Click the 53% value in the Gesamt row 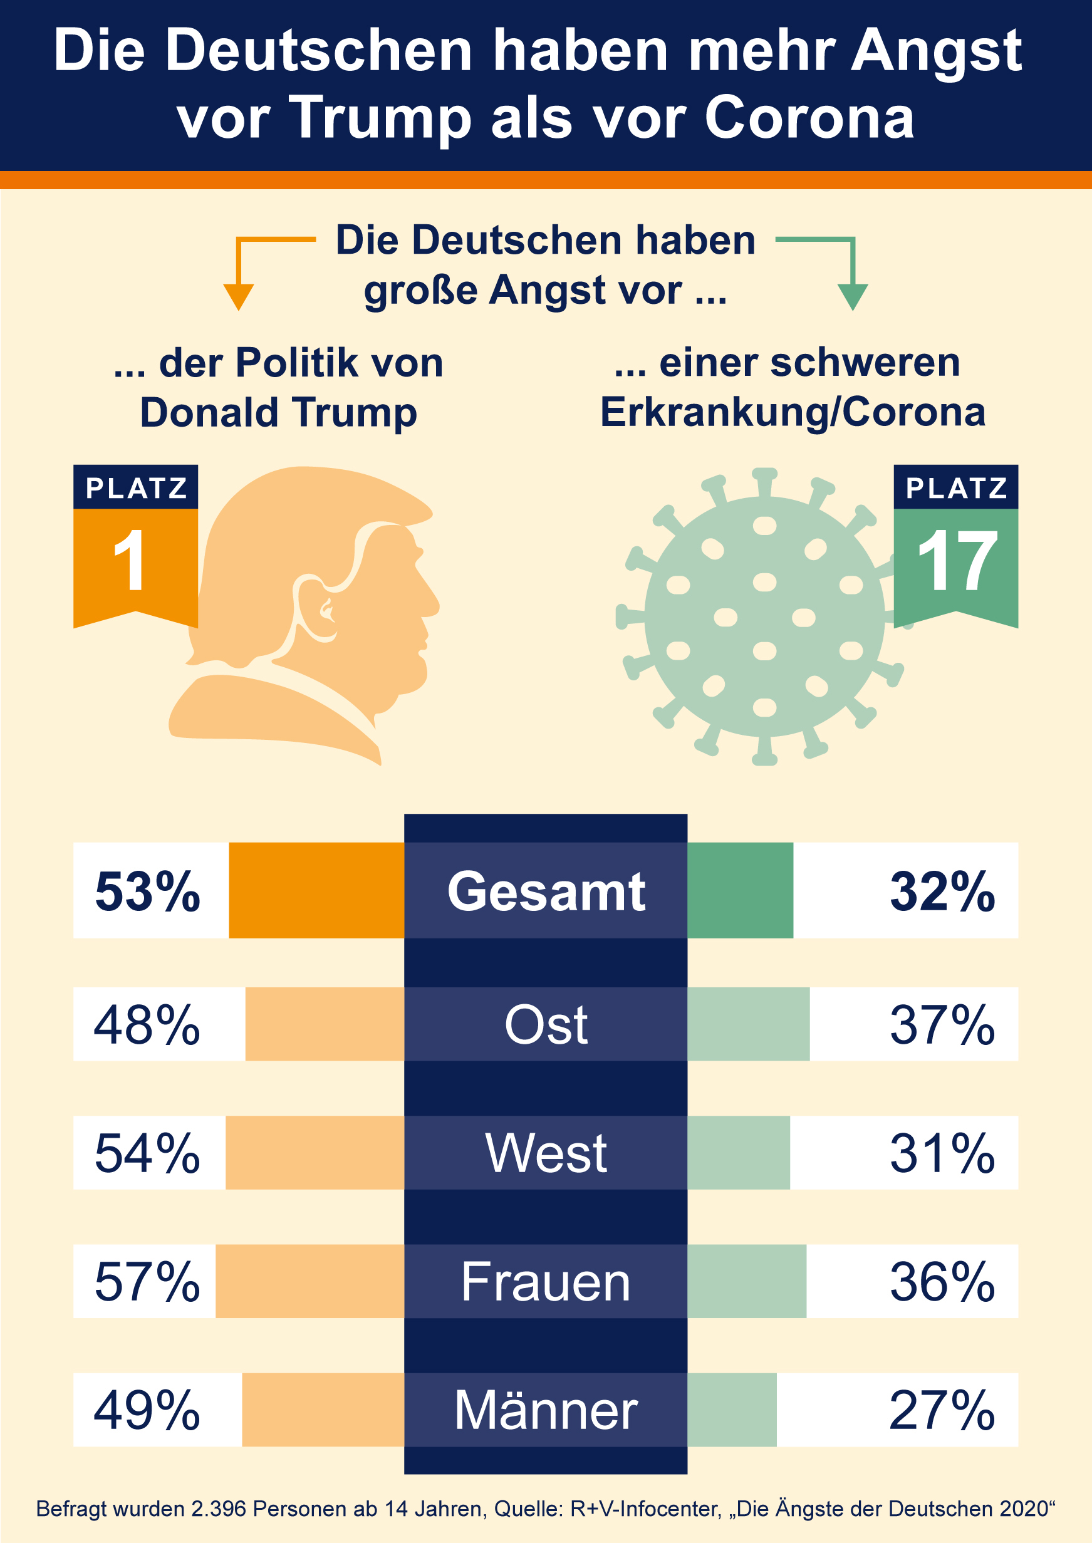(x=148, y=891)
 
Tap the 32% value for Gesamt (x=942, y=891)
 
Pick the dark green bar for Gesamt (x=740, y=890)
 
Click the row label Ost (x=546, y=1025)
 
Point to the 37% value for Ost (x=942, y=1025)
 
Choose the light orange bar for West (x=315, y=1152)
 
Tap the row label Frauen (x=546, y=1282)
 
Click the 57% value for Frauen (x=148, y=1282)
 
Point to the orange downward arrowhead (x=238, y=296)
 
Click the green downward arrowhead (x=853, y=296)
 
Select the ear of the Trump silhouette (x=316, y=608)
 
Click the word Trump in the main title (x=380, y=118)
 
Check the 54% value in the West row (x=148, y=1152)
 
